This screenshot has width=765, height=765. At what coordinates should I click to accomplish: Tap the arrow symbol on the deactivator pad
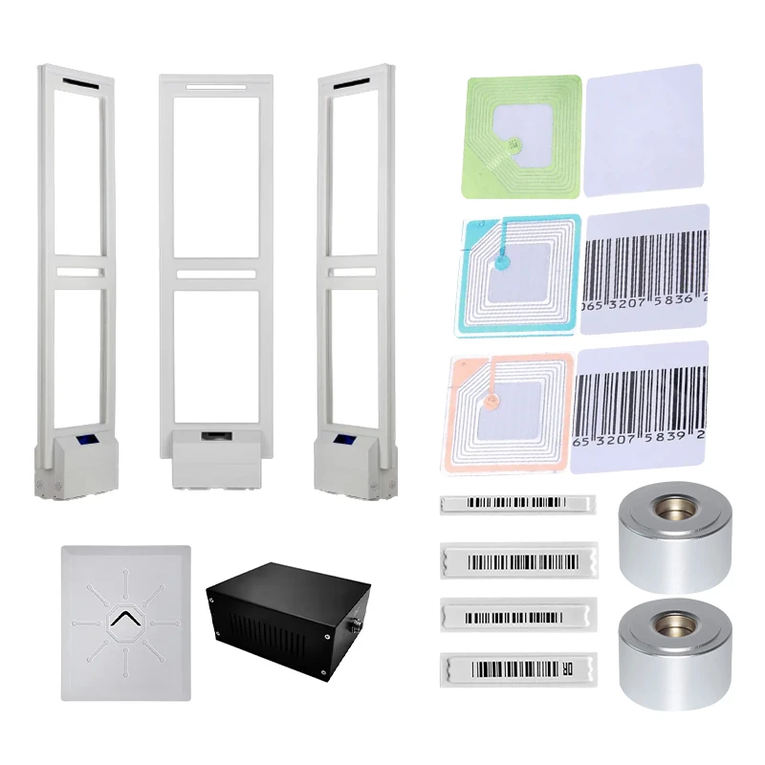[124, 623]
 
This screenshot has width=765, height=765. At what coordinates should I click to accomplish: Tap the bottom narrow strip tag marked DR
[517, 667]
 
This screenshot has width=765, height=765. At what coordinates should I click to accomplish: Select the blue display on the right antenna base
[344, 442]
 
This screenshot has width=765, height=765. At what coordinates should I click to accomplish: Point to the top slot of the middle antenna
[215, 88]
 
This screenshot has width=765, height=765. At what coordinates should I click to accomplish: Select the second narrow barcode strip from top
[517, 559]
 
